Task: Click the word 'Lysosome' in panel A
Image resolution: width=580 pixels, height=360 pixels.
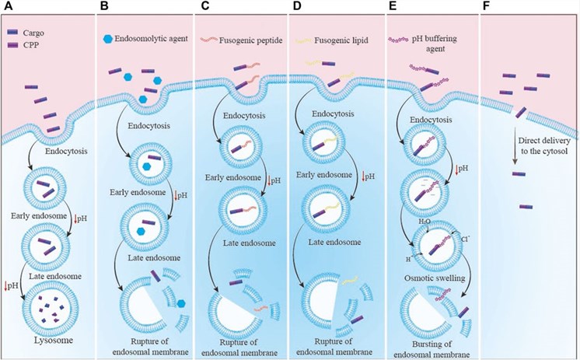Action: click(x=47, y=341)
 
